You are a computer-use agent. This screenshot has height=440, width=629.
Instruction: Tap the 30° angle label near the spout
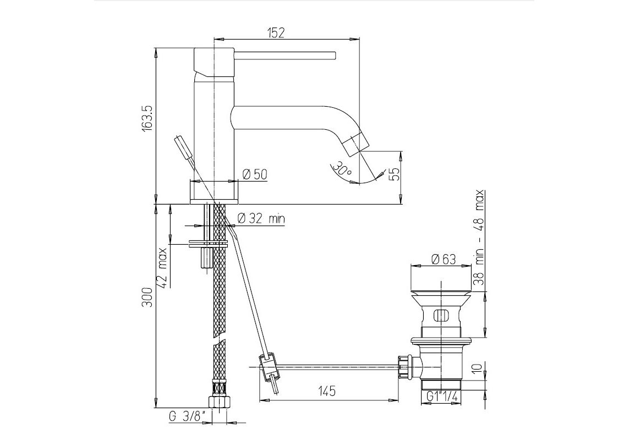tap(342, 168)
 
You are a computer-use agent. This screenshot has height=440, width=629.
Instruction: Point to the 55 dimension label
tap(395, 174)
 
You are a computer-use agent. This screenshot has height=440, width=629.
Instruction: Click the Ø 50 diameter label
tap(255, 174)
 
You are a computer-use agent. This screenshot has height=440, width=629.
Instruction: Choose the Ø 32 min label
tap(261, 218)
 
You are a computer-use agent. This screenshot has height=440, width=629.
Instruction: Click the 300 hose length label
tap(147, 297)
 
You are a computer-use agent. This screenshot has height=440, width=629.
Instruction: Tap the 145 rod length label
tap(326, 391)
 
